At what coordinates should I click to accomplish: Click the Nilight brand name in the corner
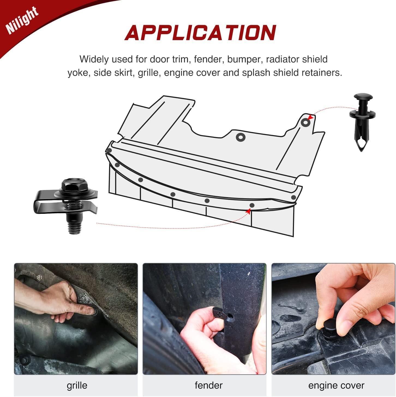[x=22, y=20]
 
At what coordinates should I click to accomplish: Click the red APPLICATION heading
[x=200, y=33]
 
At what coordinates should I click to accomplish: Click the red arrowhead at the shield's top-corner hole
[x=310, y=117]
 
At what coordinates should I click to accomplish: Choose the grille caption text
[x=77, y=385]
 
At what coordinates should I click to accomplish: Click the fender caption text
[x=209, y=385]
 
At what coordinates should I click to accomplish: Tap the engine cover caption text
[x=336, y=385]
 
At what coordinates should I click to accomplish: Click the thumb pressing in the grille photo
[x=87, y=310]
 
